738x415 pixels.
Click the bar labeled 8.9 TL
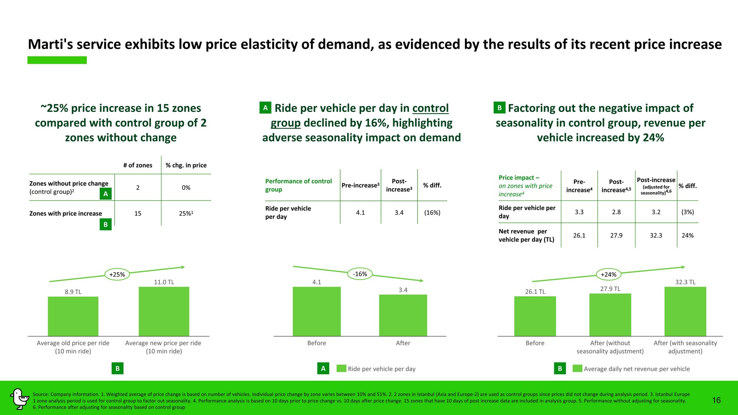point(73,316)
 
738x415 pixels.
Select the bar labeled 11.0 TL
point(164,311)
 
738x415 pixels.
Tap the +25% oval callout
point(117,274)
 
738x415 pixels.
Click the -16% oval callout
point(360,274)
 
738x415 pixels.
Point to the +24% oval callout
point(608,274)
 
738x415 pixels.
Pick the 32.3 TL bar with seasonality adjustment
point(685,311)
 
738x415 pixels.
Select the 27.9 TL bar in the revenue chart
point(610,315)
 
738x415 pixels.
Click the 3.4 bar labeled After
point(403,315)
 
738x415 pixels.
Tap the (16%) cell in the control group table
point(432,212)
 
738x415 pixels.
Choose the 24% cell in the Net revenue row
point(687,235)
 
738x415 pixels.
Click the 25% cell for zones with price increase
point(186,213)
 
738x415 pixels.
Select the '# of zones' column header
point(138,165)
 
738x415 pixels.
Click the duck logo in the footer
point(19,399)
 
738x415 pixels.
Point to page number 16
point(716,400)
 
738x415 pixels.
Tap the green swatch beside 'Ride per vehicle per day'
point(341,368)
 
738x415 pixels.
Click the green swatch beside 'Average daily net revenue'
point(577,368)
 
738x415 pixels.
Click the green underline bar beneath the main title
point(57,60)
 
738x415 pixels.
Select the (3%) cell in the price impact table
point(687,212)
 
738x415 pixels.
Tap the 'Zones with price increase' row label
point(65,213)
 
